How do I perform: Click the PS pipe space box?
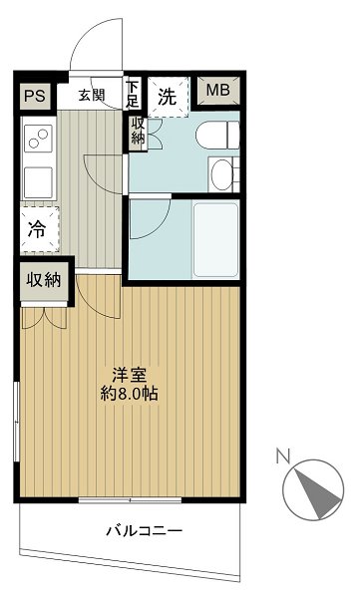35,97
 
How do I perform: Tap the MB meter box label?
217,93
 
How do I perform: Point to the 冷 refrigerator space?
36,228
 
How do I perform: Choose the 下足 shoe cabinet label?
133,94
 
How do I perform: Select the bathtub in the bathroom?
215,236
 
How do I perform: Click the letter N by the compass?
283,458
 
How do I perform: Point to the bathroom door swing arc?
146,219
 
